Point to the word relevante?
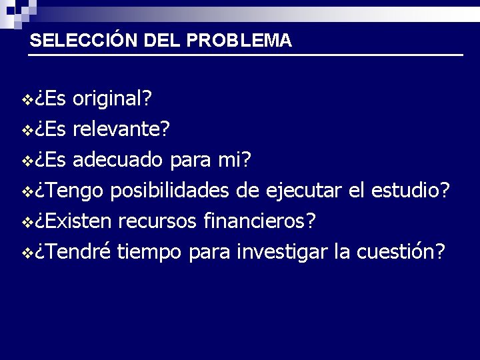click(121, 130)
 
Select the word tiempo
click(151, 252)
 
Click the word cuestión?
click(402, 252)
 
